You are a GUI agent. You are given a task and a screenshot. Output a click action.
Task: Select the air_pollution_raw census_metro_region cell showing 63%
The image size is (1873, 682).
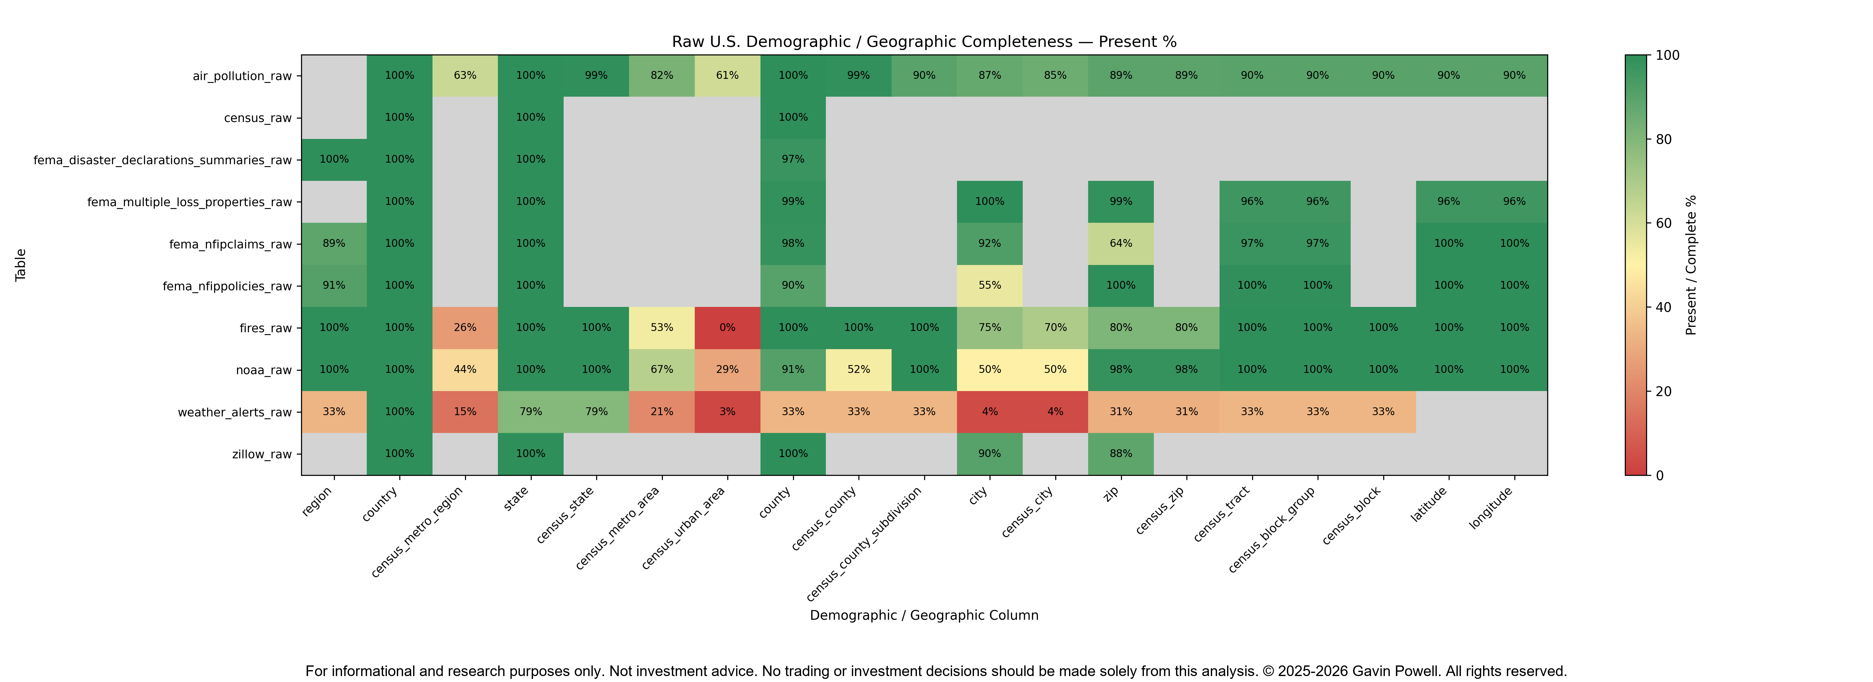pyautogui.click(x=465, y=76)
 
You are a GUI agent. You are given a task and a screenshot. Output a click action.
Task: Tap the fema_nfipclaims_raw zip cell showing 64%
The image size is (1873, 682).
pyautogui.click(x=1120, y=244)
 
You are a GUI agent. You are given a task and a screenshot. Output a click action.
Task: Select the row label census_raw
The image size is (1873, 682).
pyautogui.click(x=258, y=118)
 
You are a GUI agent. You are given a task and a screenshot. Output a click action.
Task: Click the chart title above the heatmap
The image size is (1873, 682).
pyautogui.click(x=924, y=41)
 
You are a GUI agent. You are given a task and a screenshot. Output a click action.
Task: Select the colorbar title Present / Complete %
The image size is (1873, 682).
pyautogui.click(x=1691, y=265)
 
